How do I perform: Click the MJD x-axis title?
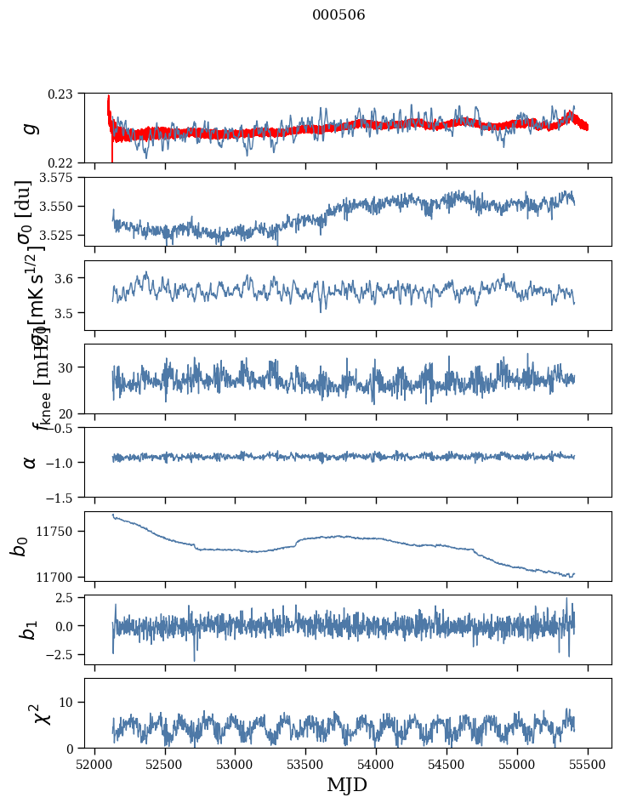click(347, 785)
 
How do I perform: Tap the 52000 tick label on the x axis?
click(94, 765)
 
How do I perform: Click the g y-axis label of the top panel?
click(31, 128)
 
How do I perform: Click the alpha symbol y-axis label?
click(31, 462)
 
